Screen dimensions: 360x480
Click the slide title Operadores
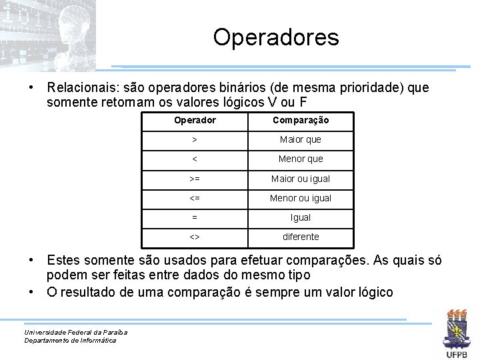(276, 37)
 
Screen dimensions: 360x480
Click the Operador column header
(195, 121)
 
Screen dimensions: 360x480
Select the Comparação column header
(300, 121)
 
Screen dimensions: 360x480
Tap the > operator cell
(195, 140)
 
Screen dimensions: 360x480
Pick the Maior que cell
(300, 140)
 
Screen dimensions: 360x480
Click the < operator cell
(195, 159)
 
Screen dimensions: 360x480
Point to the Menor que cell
(300, 159)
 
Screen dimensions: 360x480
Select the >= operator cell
(195, 179)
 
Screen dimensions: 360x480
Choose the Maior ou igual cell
(300, 179)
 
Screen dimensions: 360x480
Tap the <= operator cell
(195, 198)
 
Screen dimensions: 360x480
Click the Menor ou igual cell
(300, 198)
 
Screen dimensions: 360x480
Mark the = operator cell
(195, 217)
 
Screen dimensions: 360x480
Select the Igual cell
(300, 217)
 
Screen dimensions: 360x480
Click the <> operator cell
(195, 237)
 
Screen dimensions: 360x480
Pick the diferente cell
(300, 237)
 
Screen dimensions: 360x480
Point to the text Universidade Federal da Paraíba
(75, 332)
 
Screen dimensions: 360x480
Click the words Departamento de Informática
(70, 341)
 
